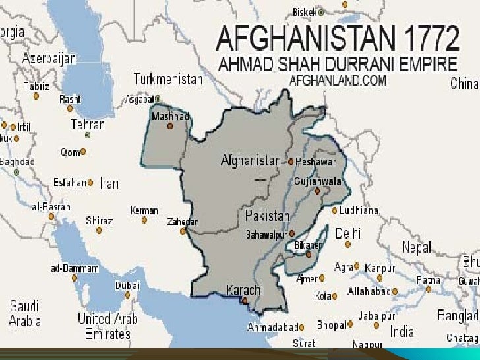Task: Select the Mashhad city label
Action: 170,117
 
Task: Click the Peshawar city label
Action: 316,162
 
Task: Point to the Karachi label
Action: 245,290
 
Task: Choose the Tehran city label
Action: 88,124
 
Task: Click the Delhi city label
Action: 347,233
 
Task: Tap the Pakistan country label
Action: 267,216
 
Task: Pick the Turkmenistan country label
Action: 168,79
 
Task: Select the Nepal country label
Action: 416,247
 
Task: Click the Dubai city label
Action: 127,285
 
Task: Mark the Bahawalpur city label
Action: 268,235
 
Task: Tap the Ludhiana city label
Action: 359,211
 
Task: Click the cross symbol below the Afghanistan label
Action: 260,179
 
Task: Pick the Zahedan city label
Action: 182,222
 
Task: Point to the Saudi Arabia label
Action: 24,313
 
